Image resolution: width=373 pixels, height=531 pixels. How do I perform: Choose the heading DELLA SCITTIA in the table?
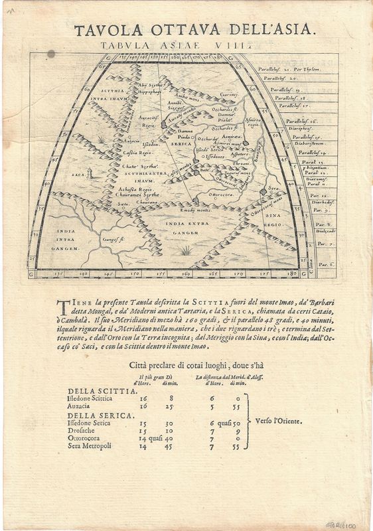pyautogui.click(x=92, y=390)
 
